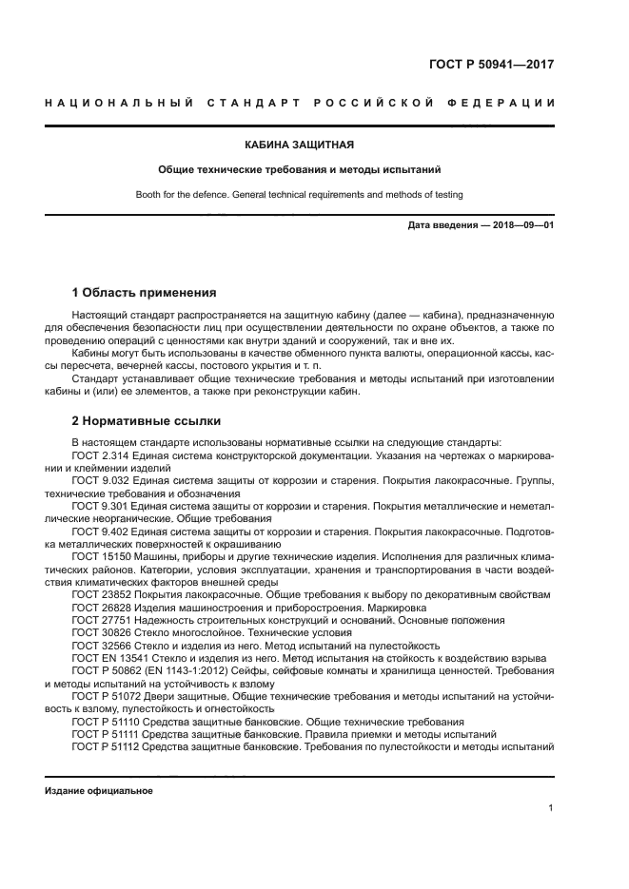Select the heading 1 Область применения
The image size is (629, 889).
tap(145, 292)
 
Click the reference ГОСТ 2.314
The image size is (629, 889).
tap(97, 455)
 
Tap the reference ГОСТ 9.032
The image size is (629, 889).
tap(97, 482)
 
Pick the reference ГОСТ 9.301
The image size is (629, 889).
tap(97, 508)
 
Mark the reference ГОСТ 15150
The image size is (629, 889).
tap(99, 554)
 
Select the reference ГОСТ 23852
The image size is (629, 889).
tap(99, 594)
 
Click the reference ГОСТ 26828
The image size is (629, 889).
tap(99, 607)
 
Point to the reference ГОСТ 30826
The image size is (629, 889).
tap(99, 632)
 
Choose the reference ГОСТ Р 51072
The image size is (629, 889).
tap(104, 697)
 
